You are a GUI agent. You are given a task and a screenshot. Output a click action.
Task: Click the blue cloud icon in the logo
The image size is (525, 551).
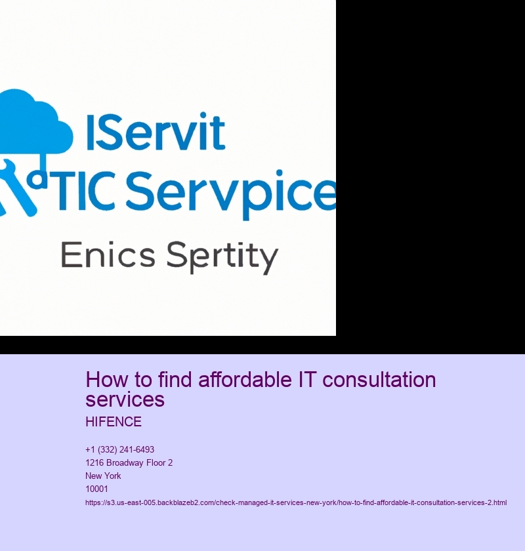[x=33, y=121]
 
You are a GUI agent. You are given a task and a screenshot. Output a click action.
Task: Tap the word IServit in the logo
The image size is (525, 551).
[x=155, y=132]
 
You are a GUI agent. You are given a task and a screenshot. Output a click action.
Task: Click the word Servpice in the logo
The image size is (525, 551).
[x=231, y=194]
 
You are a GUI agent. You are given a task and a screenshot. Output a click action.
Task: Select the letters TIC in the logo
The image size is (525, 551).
[x=86, y=191]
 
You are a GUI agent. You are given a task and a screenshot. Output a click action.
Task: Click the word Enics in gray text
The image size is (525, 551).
[x=108, y=255]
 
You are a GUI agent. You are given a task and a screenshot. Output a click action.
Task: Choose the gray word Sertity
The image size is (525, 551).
[x=222, y=256]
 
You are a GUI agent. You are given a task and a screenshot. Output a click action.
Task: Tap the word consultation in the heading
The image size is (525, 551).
[x=379, y=380]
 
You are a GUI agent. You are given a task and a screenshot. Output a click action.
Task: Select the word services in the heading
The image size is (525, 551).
[x=125, y=399]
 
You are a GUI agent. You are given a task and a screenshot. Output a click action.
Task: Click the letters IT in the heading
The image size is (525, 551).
[x=307, y=380]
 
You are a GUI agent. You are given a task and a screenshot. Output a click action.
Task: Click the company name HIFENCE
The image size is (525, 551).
[x=114, y=422]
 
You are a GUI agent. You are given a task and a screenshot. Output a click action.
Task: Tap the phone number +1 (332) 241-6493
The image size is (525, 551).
[x=119, y=449]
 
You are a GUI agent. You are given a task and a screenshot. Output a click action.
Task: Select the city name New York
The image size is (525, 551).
[x=103, y=476]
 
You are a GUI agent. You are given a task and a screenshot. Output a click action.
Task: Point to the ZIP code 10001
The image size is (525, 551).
[x=96, y=489]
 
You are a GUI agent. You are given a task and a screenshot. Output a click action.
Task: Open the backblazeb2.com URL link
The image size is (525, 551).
[x=296, y=502]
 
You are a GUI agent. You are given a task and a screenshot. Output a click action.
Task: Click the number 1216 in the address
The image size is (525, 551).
[x=94, y=463]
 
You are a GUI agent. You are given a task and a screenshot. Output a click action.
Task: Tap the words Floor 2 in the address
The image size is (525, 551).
[x=159, y=463]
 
